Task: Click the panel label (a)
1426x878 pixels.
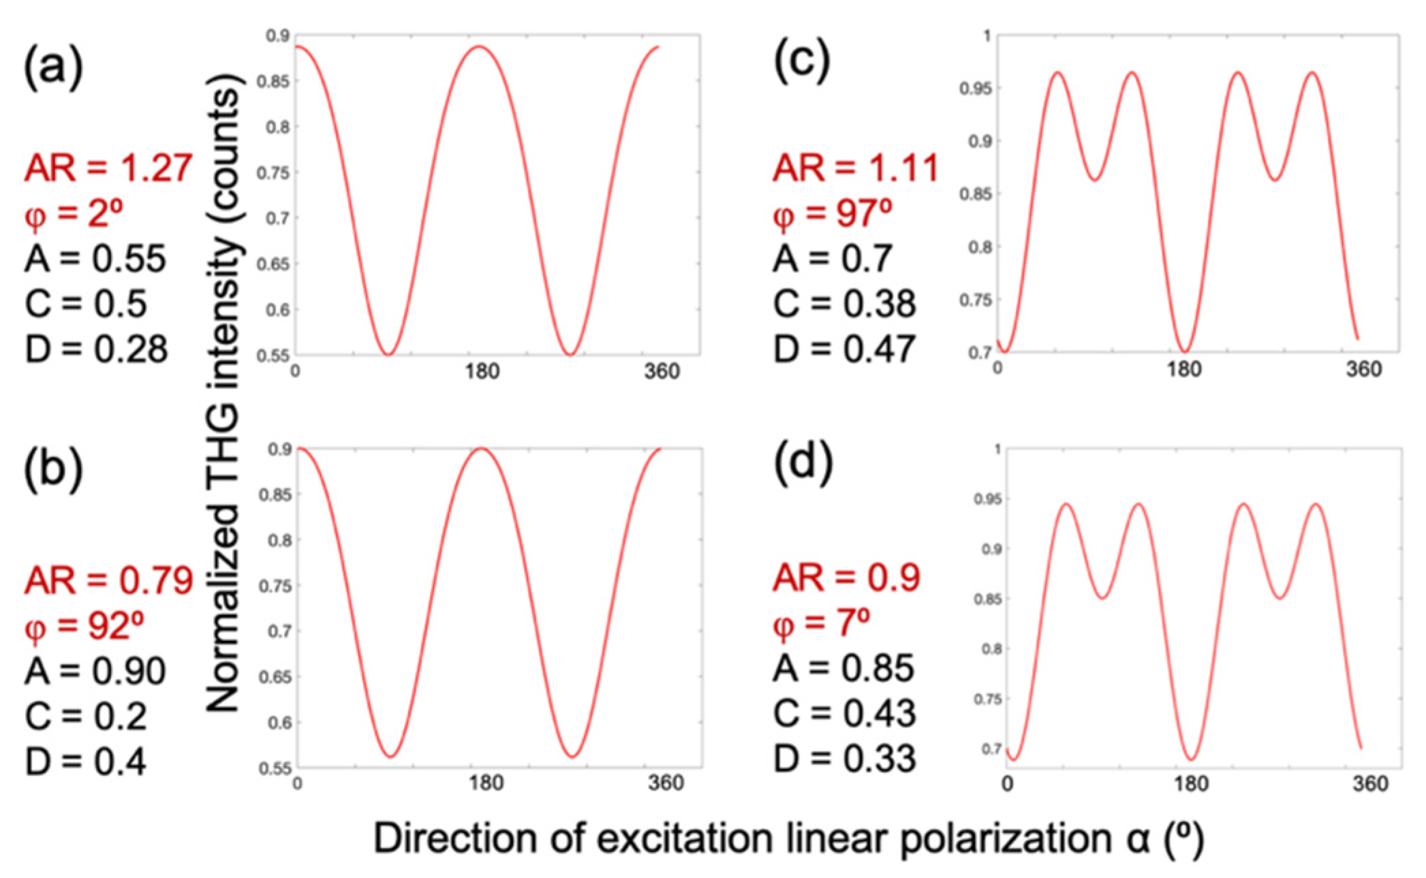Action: point(53,67)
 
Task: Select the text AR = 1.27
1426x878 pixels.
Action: point(108,168)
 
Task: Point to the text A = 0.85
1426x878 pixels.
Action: point(843,668)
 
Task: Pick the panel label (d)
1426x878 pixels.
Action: point(803,464)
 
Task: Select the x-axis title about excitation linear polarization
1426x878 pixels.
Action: point(788,838)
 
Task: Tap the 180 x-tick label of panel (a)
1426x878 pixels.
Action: point(482,372)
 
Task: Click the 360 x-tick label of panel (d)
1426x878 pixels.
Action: point(1369,783)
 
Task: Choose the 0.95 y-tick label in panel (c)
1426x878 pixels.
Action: point(976,89)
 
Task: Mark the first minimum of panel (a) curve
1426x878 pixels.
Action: point(388,354)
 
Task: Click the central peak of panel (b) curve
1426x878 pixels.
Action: point(482,449)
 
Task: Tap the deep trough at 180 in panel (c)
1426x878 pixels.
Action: point(1185,351)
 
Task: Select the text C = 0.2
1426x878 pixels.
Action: point(86,717)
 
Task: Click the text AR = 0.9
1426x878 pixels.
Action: point(846,578)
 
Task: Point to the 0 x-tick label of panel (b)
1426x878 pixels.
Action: point(297,783)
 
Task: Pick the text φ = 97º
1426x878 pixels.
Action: point(833,214)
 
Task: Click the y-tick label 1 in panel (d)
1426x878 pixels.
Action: point(997,449)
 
